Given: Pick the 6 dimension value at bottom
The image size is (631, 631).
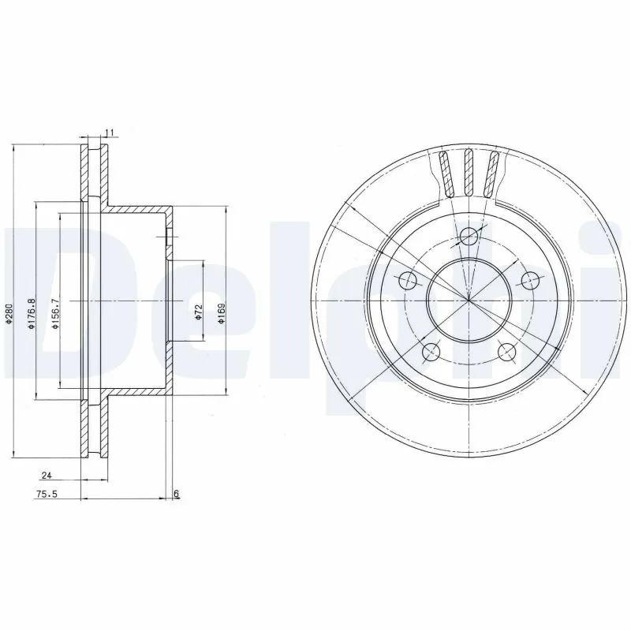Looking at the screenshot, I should tap(177, 495).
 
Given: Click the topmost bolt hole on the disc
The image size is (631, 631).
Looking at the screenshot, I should tap(469, 234).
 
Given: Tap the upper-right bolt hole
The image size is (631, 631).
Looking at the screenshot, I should tap(531, 279).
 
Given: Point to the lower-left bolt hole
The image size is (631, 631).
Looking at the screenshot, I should tap(431, 352).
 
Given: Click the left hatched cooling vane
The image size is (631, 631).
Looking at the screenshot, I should tap(446, 173).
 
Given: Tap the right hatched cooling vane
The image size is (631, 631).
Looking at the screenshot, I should tap(493, 173).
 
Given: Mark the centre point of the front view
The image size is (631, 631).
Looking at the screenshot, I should tap(469, 301).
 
